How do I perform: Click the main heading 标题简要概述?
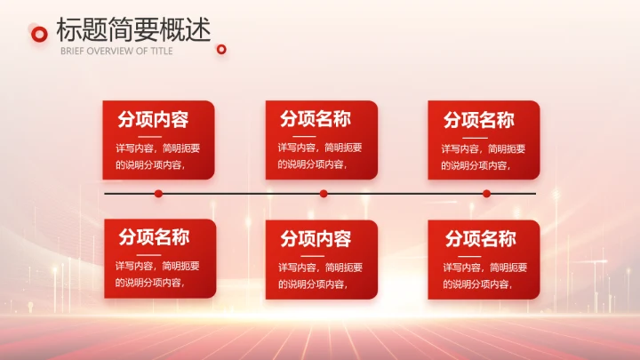click(x=133, y=29)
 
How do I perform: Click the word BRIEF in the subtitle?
click(x=71, y=51)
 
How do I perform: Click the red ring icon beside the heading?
click(x=38, y=34)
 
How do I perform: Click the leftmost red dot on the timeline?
click(x=158, y=193)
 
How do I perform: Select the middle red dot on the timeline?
click(x=324, y=193)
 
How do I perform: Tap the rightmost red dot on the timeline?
click(x=486, y=193)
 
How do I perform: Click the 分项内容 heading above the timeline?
click(x=153, y=119)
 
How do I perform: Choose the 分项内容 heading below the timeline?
click(x=316, y=238)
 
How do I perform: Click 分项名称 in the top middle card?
click(x=316, y=119)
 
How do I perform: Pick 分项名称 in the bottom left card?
click(x=154, y=237)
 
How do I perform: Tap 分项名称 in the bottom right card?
click(x=480, y=238)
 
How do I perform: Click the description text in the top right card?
click(x=483, y=156)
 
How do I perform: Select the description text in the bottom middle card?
click(x=320, y=275)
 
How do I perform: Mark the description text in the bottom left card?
click(x=157, y=275)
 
